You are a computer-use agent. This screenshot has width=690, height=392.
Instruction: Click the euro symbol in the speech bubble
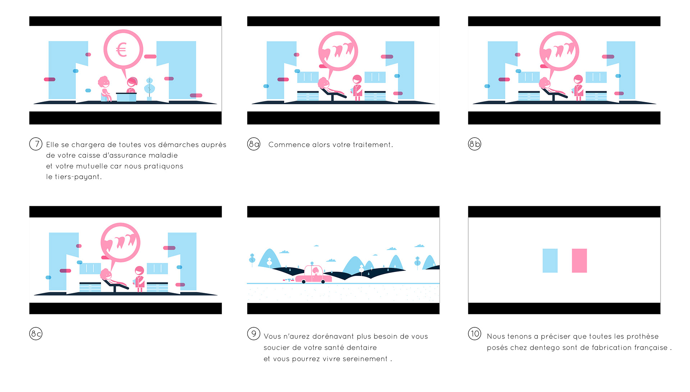tap(121, 50)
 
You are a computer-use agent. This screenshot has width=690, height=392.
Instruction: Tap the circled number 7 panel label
tap(36, 144)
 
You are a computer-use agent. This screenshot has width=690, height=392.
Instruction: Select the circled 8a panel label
tap(254, 144)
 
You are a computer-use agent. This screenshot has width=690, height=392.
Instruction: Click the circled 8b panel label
tap(474, 144)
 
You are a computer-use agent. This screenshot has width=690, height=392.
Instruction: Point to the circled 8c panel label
tap(36, 334)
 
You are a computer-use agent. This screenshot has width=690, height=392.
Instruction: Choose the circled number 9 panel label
tap(254, 334)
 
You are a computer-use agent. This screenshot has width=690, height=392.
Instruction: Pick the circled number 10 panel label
tap(474, 334)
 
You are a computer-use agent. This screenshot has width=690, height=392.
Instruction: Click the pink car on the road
tap(313, 275)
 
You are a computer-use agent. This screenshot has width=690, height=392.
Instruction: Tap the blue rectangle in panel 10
tap(550, 260)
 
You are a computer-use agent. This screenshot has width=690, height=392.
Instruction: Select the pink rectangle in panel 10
tap(579, 260)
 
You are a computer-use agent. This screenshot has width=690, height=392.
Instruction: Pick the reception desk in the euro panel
tap(126, 97)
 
